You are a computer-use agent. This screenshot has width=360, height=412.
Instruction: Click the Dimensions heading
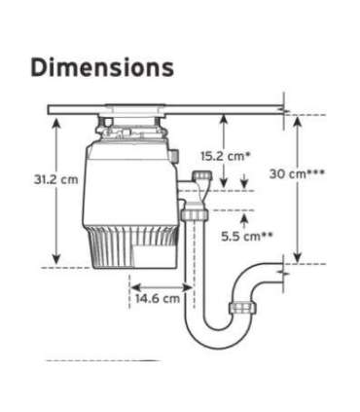coord(102,67)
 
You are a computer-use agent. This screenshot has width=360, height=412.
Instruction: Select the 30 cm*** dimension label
coord(297,172)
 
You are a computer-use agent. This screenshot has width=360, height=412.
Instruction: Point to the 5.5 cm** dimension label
coord(245,236)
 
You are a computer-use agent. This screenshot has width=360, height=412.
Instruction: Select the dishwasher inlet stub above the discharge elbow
coord(201,177)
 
